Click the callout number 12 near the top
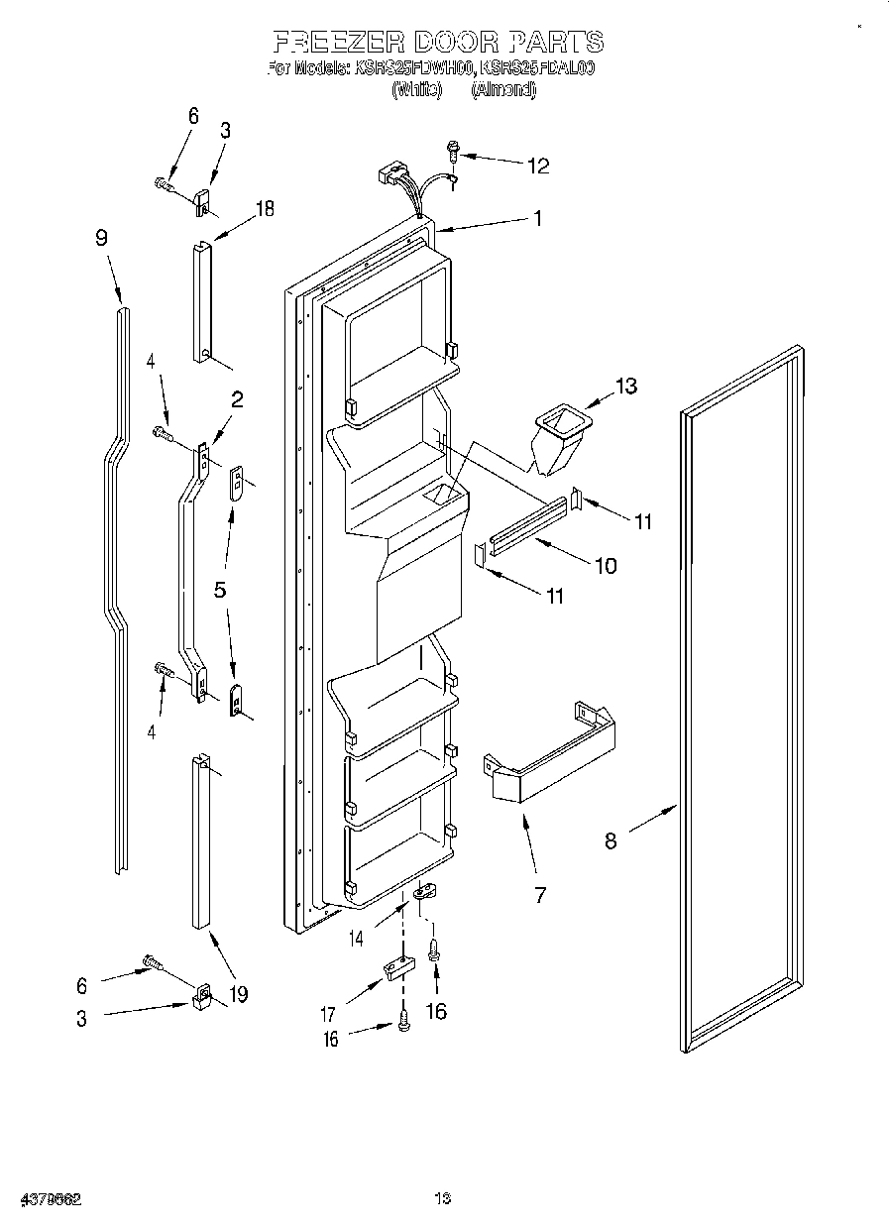(x=537, y=166)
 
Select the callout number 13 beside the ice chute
(x=626, y=386)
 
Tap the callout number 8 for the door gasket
(x=611, y=840)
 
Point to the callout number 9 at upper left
(x=102, y=238)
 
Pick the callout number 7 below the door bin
(x=540, y=895)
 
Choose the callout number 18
(x=265, y=208)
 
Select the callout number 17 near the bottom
(x=328, y=1014)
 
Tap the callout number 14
(x=355, y=936)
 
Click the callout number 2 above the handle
(x=238, y=399)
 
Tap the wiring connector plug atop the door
(x=389, y=174)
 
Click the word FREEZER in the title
(x=337, y=42)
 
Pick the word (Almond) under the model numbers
(x=502, y=89)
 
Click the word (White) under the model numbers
(x=416, y=89)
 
